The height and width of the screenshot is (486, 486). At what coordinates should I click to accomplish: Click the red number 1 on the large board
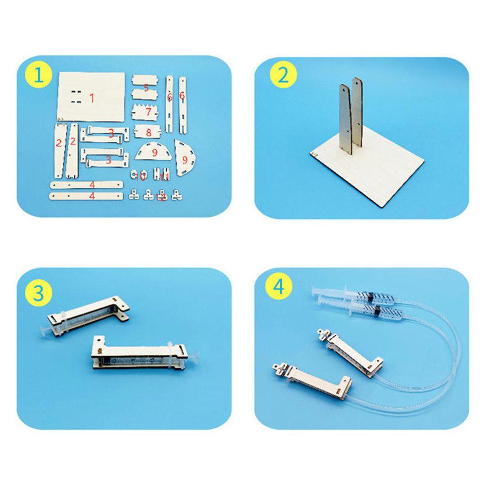click(91, 98)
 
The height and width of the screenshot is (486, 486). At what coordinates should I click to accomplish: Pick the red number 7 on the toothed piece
click(149, 112)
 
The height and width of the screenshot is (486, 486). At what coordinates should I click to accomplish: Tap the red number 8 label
click(149, 131)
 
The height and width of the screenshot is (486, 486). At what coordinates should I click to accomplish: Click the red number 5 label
click(146, 88)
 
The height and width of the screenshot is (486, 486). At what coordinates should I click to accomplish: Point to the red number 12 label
click(163, 196)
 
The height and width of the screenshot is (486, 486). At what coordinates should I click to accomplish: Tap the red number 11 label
click(165, 176)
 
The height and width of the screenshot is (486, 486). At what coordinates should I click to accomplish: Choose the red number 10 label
click(142, 176)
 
